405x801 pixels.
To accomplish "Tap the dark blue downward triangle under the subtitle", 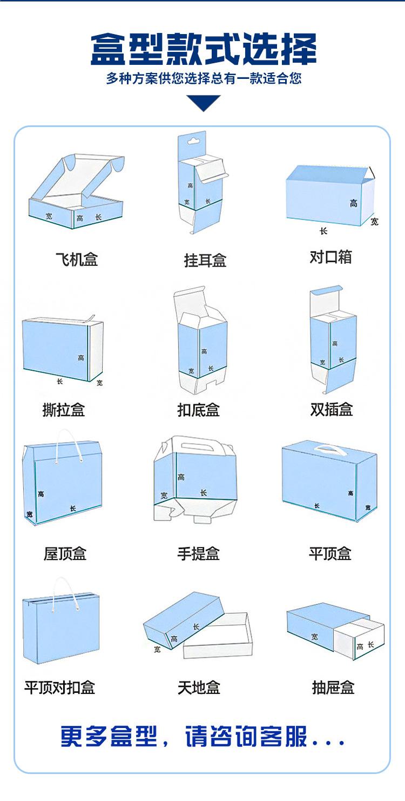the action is (x=204, y=102).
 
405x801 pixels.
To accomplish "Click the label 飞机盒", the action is (x=77, y=259).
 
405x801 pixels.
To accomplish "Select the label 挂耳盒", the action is (x=205, y=261).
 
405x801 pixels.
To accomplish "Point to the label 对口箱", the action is (x=330, y=257).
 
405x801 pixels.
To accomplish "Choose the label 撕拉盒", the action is (x=64, y=410).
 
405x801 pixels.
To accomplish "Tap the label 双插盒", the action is (x=332, y=409).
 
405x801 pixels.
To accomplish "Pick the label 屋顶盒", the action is (x=65, y=553).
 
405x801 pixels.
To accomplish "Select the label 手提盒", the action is (x=199, y=553).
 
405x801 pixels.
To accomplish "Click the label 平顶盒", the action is (x=330, y=553).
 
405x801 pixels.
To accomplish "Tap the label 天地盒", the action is (x=199, y=687).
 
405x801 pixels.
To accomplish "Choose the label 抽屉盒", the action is (x=333, y=687).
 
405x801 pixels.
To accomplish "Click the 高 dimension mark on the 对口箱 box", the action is (x=353, y=203).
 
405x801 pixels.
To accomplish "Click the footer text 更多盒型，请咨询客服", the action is (x=202, y=737).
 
